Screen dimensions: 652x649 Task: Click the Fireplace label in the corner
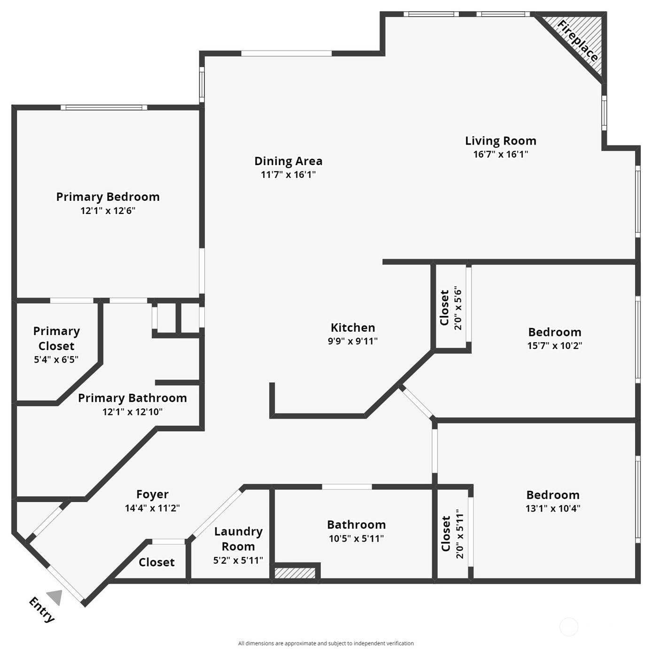(577, 41)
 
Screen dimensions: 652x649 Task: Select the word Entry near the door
(42, 610)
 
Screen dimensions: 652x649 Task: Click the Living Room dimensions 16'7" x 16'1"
(500, 154)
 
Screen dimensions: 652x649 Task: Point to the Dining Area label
(288, 161)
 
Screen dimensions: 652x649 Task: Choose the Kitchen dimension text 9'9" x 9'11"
(353, 341)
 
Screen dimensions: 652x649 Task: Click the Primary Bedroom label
(108, 197)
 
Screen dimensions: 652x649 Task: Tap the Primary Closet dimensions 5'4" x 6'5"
(56, 359)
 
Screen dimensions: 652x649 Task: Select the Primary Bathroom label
(132, 398)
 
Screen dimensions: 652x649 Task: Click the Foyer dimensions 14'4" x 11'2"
(152, 508)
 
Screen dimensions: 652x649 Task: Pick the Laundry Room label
(238, 539)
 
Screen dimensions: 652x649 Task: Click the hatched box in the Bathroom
(295, 573)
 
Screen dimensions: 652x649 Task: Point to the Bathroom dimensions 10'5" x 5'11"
(356, 538)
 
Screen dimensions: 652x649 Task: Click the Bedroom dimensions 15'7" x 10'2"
(555, 346)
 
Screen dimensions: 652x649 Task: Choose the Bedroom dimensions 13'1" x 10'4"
(553, 508)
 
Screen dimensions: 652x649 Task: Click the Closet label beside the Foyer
(156, 562)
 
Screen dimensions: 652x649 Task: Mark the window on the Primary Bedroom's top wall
(104, 107)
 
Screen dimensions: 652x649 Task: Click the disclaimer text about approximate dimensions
(326, 643)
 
